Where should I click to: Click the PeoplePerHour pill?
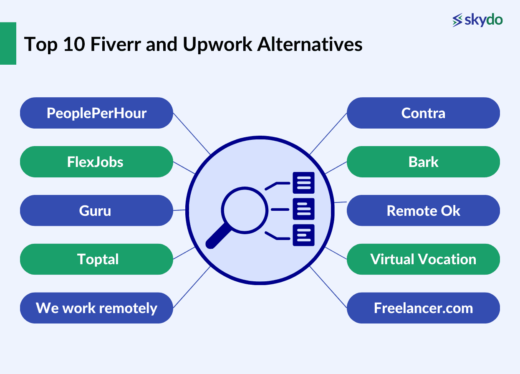[x=96, y=113]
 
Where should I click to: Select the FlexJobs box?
[x=96, y=162]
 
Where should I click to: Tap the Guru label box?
[x=96, y=210]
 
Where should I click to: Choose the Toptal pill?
[x=96, y=259]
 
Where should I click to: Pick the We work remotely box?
[x=96, y=308]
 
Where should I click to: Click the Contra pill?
[x=423, y=113]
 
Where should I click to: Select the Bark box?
[x=423, y=162]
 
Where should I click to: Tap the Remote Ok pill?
[x=423, y=210]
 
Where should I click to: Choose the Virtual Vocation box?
[x=423, y=259]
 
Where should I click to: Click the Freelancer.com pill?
[x=423, y=308]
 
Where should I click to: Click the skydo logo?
[x=477, y=20]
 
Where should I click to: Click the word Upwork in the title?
[x=217, y=45]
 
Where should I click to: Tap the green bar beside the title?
[x=8, y=43]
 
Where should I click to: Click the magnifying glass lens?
[x=244, y=208]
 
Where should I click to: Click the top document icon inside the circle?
[x=303, y=183]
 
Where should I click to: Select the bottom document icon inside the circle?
[x=303, y=235]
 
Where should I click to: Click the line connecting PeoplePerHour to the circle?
[x=192, y=133]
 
